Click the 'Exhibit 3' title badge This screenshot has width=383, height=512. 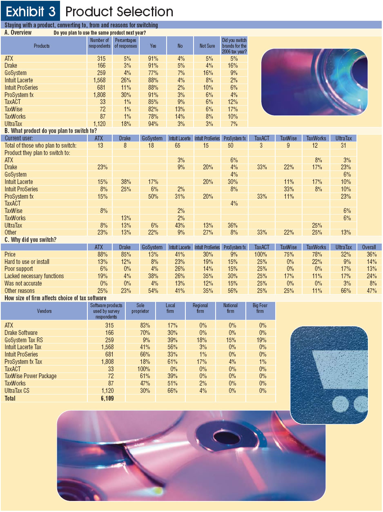(x=30, y=11)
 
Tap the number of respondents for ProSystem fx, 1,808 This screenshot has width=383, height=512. (x=100, y=95)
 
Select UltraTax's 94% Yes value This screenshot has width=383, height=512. (x=153, y=124)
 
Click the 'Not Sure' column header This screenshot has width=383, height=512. (x=207, y=46)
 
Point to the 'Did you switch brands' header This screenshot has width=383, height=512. (x=234, y=46)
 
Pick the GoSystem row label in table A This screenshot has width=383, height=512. (x=16, y=73)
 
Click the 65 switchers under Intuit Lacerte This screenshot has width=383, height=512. (x=177, y=146)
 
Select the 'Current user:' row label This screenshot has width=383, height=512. (x=19, y=138)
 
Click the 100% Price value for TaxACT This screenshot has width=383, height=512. (x=261, y=255)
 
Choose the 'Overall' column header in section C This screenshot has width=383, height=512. (x=369, y=247)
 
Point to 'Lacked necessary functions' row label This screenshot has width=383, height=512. (x=34, y=276)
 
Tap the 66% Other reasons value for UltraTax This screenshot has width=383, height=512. (x=346, y=291)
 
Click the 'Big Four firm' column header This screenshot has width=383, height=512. (x=260, y=308)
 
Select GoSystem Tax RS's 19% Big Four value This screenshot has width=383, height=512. (x=261, y=340)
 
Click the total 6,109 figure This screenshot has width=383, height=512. (x=107, y=399)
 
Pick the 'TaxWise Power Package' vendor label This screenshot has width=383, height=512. (x=31, y=376)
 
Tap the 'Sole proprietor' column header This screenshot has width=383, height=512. (x=140, y=308)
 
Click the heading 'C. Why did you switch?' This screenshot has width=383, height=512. (x=30, y=240)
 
